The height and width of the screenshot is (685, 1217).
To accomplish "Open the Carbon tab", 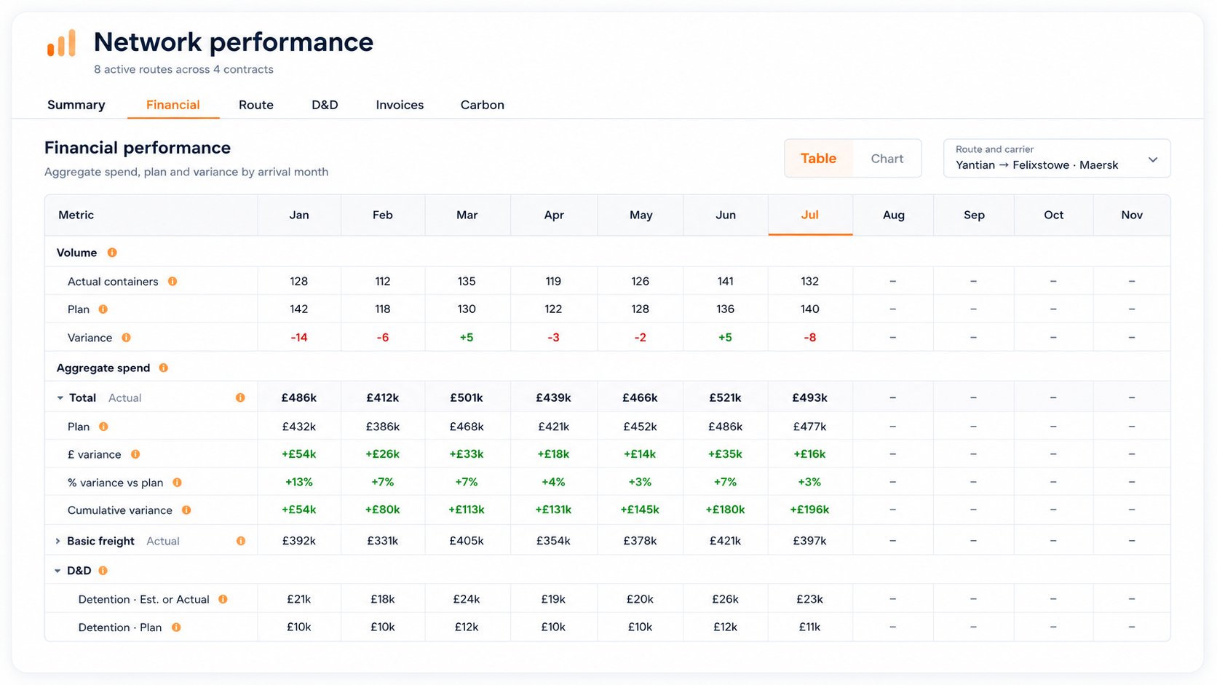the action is click(482, 105).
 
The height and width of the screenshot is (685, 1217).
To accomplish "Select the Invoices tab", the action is click(400, 105).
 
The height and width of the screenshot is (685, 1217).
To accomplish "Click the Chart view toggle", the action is click(887, 159).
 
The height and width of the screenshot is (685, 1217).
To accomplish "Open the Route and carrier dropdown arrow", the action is click(1153, 159).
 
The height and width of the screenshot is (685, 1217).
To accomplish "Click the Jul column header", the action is click(809, 215).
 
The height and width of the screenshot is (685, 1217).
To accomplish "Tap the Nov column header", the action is click(1132, 215).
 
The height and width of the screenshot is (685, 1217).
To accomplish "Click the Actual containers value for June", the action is click(725, 282).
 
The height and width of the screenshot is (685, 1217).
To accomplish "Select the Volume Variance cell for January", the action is click(299, 338).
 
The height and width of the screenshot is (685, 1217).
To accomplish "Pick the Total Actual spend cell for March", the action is click(466, 397).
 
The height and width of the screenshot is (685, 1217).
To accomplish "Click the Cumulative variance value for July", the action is click(809, 510).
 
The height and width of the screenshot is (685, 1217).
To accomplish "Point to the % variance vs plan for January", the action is click(299, 482).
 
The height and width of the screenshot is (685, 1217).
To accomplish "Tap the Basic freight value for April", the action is click(553, 541).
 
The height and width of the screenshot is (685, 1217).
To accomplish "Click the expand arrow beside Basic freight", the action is click(58, 541).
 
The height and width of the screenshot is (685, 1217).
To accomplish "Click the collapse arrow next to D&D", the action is click(58, 571).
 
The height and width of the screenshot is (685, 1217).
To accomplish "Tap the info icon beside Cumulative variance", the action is click(186, 510).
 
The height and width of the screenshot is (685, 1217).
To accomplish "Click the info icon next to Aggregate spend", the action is click(164, 368).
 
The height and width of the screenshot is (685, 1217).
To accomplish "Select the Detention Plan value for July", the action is click(809, 627).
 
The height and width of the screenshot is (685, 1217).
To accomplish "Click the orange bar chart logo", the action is click(61, 43).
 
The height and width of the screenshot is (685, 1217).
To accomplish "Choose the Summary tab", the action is click(76, 105).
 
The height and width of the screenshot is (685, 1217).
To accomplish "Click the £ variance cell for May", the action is click(640, 454).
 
